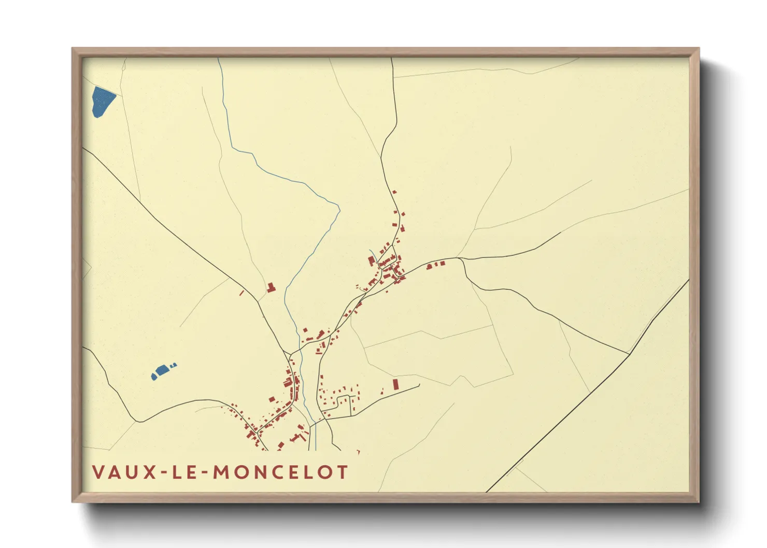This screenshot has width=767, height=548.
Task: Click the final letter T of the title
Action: (342, 472)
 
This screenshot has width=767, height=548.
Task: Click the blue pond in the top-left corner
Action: (103, 100)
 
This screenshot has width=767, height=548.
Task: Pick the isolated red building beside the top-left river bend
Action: (270, 287)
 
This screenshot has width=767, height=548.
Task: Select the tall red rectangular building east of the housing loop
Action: (395, 384)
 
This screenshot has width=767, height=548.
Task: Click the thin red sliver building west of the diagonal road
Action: (242, 293)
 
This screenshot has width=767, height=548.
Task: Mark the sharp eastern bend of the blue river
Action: (339, 209)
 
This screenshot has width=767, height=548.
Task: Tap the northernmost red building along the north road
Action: (394, 192)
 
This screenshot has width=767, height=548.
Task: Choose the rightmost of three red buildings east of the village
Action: (443, 264)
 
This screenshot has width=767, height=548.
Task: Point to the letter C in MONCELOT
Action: (278, 472)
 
